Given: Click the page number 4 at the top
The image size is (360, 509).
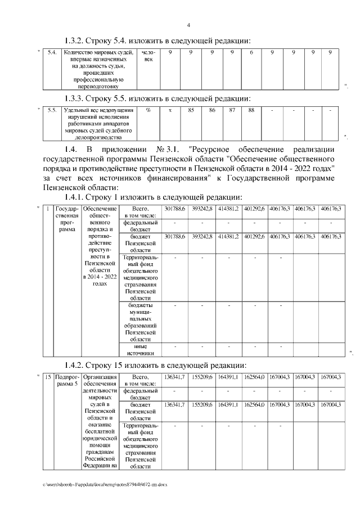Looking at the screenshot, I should point(189,25).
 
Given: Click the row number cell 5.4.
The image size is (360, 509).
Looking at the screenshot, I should point(52,52).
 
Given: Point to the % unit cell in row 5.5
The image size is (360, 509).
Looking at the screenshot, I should point(148,110).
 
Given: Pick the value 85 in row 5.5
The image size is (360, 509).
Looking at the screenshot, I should point(191,110).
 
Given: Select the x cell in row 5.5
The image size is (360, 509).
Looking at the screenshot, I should point(170,110).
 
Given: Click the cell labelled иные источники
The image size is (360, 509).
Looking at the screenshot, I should point(140,350).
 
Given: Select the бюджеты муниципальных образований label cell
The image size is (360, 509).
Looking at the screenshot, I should point(140,321).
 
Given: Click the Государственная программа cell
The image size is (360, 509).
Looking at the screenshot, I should point(67,219).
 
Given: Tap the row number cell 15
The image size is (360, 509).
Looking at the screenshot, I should point(49,377).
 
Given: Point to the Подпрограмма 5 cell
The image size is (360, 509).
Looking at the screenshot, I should point(67,381).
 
